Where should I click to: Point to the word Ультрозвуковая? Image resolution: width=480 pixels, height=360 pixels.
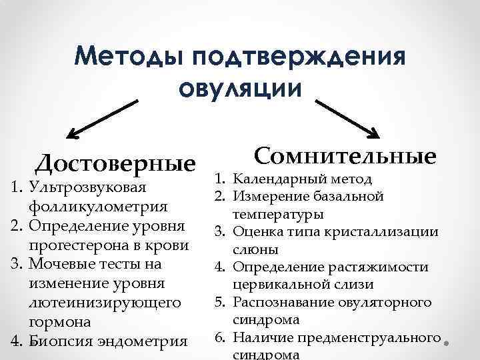[x=83, y=189]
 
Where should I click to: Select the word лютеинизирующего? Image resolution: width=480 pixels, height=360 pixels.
[x=105, y=302]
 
